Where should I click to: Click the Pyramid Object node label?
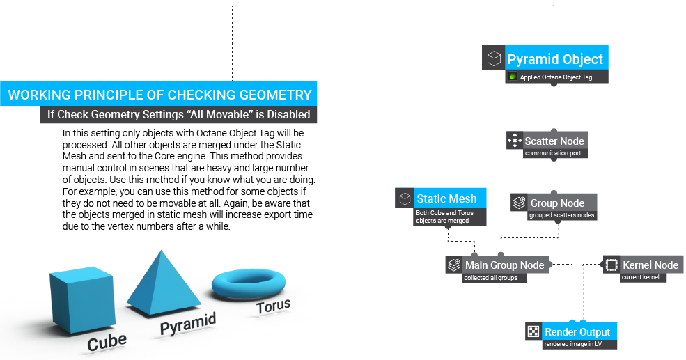[x=555, y=58]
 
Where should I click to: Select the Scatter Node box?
[x=554, y=141]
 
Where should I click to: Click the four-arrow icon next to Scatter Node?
[x=515, y=141]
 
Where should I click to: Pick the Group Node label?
[x=557, y=203]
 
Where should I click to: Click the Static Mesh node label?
[x=446, y=198]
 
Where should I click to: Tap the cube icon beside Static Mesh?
[x=405, y=198]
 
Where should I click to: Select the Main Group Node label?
[x=504, y=265]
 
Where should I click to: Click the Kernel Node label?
[x=650, y=265]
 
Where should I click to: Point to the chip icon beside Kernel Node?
[x=611, y=265]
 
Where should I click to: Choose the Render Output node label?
[x=577, y=332]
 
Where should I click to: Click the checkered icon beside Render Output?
[x=533, y=332]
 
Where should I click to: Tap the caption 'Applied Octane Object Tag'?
[x=556, y=77]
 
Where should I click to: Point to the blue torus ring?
[x=247, y=283]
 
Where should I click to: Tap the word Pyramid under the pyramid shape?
[x=188, y=324]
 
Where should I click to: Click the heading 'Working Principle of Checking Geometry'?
[x=159, y=95]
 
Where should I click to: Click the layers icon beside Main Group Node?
[x=454, y=265]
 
